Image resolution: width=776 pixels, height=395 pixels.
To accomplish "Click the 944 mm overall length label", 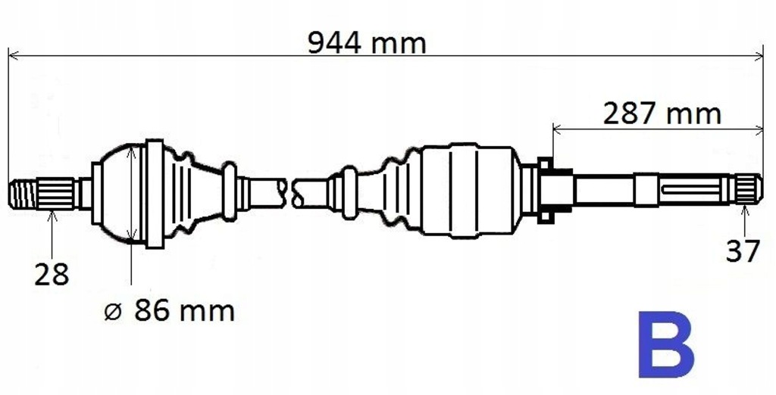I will (367, 42).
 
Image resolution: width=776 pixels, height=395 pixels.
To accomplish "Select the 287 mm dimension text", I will (662, 114).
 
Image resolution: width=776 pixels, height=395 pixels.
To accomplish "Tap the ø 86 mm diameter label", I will (169, 310).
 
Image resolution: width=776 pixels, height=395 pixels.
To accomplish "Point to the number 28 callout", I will (52, 274).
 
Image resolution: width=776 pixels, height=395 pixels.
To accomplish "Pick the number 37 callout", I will (742, 250).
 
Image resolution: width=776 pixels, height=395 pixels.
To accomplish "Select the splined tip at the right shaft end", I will (749, 189).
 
